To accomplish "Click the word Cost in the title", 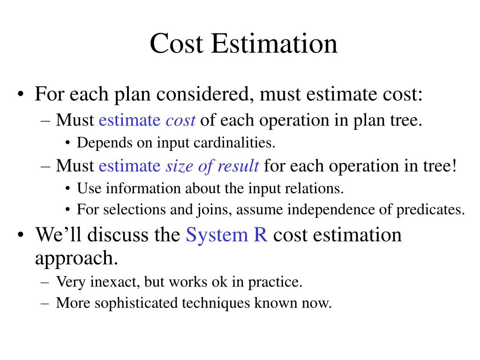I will click(177, 44).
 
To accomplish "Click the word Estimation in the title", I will click(274, 44).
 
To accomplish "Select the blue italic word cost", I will click(180, 120).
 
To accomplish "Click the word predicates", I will click(430, 210).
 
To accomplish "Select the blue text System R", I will click(227, 234).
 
